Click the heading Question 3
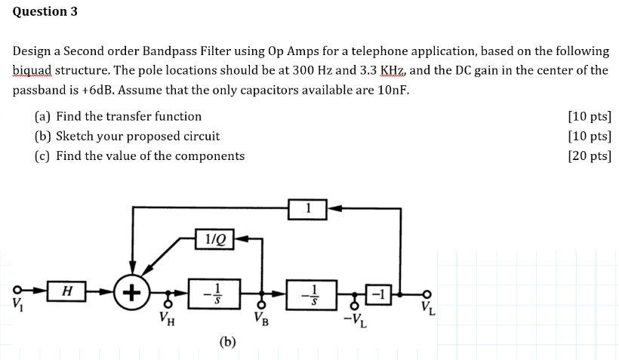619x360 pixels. tap(45, 12)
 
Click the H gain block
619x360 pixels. tap(67, 291)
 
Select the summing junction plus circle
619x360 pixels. tap(133, 291)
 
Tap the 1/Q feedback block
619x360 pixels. tap(214, 239)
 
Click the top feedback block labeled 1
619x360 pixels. tap(307, 208)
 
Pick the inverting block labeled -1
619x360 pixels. tap(379, 291)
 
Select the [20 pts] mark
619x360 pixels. tap(589, 155)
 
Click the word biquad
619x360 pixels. tap(35, 70)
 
